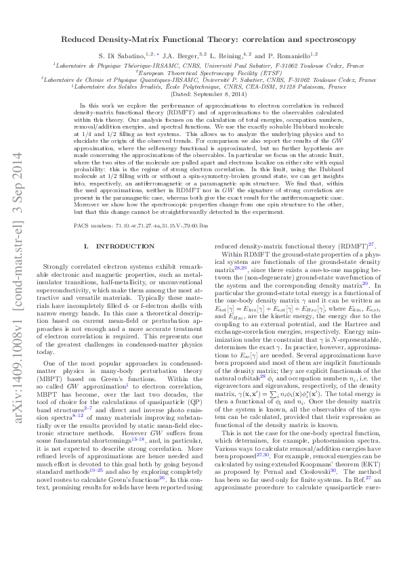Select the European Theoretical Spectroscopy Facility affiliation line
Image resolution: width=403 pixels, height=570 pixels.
(x=200, y=71)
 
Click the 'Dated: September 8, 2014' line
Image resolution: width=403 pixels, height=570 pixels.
(x=201, y=93)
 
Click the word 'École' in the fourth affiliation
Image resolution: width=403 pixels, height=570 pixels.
(x=173, y=86)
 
